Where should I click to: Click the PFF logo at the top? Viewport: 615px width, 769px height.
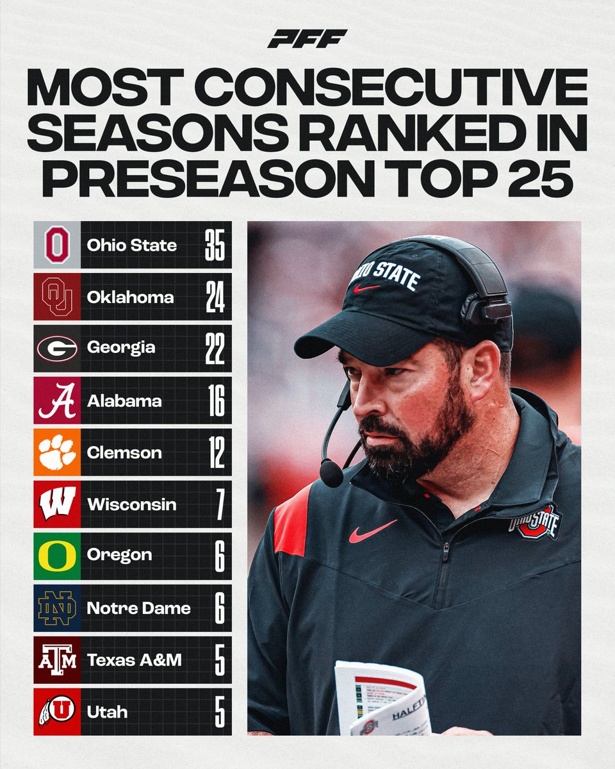click(307, 39)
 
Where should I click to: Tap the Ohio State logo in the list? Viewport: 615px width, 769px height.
click(57, 245)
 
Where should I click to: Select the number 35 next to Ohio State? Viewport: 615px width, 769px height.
click(215, 245)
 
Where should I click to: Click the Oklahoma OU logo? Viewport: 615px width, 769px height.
click(57, 297)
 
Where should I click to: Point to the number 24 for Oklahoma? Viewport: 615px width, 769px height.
click(215, 297)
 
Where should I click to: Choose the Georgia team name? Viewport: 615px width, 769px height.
click(121, 349)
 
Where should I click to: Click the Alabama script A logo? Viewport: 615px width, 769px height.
click(57, 401)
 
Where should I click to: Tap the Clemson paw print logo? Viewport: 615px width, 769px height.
click(57, 452)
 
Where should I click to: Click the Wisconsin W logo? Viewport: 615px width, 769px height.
click(57, 504)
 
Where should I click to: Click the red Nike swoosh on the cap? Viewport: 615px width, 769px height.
click(366, 288)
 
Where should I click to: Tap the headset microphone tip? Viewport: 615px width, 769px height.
click(331, 474)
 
